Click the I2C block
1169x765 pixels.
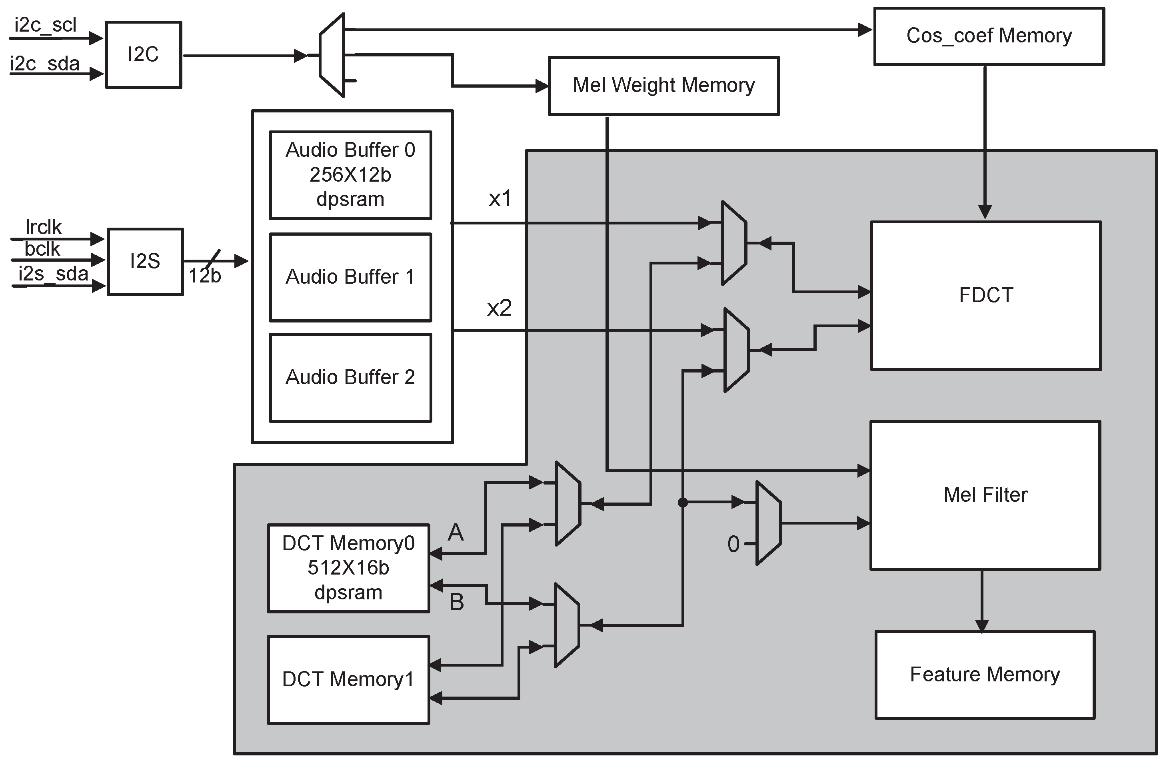(x=144, y=54)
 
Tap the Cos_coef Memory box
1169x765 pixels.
(x=989, y=36)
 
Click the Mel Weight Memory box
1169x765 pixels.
(x=663, y=86)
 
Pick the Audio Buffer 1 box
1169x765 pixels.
(x=350, y=277)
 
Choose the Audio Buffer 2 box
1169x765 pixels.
(x=350, y=377)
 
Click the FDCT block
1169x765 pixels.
(x=986, y=295)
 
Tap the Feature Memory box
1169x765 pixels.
(x=985, y=675)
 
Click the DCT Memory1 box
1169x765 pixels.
(x=348, y=679)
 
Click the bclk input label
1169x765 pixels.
(x=42, y=249)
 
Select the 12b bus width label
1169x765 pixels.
(x=205, y=276)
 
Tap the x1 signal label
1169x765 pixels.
(x=500, y=198)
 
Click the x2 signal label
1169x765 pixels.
(x=499, y=308)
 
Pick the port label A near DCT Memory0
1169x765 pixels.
(x=455, y=532)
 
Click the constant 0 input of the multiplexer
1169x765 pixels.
(x=733, y=545)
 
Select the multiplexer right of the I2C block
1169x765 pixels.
(x=332, y=56)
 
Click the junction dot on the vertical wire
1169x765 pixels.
(x=682, y=502)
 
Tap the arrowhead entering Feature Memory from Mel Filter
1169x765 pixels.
(x=981, y=626)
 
